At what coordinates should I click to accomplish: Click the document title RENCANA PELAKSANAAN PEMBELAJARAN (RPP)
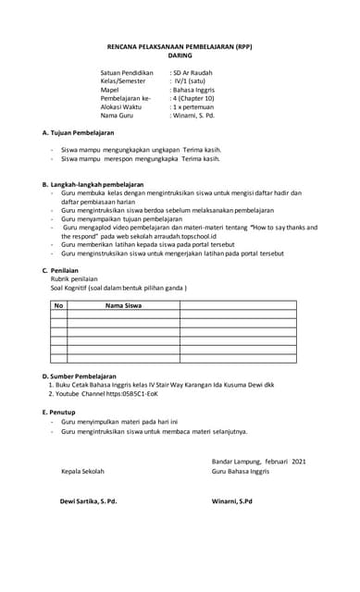click(180, 44)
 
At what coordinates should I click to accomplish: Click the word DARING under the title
click(180, 55)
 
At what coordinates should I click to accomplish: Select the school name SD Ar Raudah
click(193, 71)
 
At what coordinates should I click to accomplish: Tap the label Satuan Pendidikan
click(128, 71)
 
